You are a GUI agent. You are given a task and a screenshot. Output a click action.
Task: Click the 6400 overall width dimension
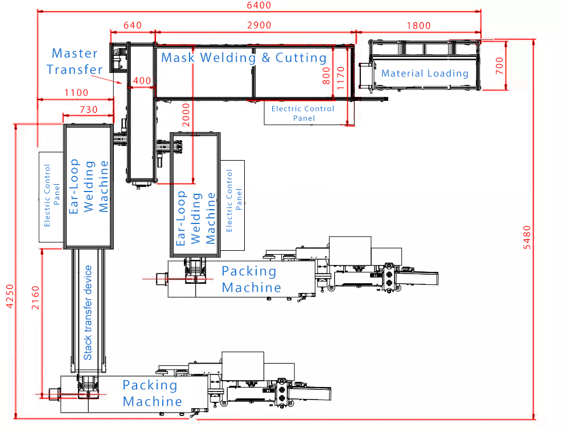click(x=258, y=6)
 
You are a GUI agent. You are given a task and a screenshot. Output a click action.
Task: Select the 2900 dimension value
click(x=258, y=25)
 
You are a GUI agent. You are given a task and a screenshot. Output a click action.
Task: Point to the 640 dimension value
click(x=132, y=25)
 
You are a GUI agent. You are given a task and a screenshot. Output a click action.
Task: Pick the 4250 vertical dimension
click(x=7, y=297)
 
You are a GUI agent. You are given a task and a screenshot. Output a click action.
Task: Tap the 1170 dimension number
click(x=340, y=75)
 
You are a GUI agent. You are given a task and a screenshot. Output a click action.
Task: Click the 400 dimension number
click(x=142, y=81)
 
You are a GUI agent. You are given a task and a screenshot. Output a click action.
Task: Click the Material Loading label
click(x=425, y=73)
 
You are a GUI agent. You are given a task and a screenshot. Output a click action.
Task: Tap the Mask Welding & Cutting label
click(x=244, y=58)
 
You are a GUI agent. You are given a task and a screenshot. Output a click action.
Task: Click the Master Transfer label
click(x=75, y=62)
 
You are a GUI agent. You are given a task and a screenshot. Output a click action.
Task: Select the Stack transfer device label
click(x=88, y=313)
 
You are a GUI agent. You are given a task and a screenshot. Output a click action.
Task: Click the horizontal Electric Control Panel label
click(x=303, y=113)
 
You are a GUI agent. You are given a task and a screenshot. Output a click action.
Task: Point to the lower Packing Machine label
click(x=152, y=393)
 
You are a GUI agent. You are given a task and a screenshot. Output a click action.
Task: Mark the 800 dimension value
click(x=326, y=76)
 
